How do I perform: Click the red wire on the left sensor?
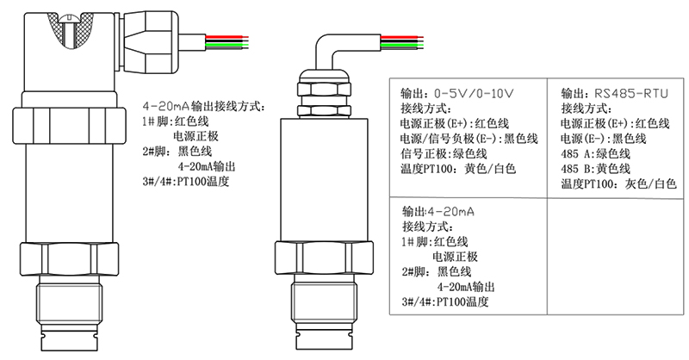227,37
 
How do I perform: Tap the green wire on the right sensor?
401,45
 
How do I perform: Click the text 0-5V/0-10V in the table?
474,94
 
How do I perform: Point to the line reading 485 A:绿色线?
595,154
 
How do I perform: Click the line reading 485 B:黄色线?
595,169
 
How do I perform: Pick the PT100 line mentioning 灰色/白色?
618,183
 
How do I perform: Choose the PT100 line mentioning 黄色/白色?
458,169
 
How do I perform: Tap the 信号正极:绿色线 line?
444,154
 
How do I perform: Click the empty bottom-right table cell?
615,257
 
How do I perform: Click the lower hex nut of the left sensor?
70,258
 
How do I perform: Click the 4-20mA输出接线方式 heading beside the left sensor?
204,107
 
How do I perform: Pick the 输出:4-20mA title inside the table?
438,211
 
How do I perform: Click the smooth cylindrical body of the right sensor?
324,179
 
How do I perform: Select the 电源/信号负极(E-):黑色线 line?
469,139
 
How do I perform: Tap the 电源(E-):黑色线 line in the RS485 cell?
604,139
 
